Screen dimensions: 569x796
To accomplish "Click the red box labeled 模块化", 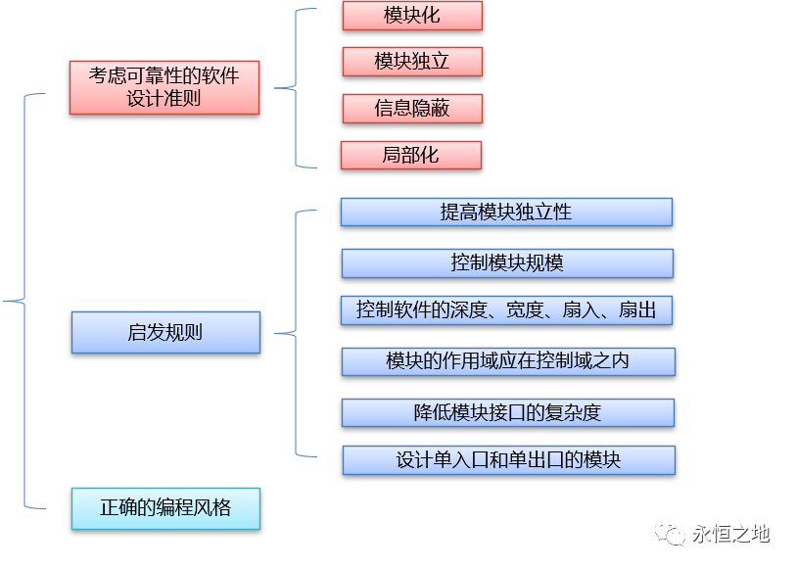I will (412, 17).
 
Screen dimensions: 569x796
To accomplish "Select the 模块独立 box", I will (412, 62).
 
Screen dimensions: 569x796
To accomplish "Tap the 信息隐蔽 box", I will (412, 109).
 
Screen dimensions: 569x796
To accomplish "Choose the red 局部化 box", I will (411, 156).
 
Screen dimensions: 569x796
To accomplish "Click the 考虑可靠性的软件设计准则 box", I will (164, 87).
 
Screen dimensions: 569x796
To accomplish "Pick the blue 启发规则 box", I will (165, 333).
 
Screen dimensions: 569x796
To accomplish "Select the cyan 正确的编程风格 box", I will (165, 508).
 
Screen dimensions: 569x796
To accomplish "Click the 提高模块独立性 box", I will (506, 213).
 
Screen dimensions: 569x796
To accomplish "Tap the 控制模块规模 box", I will (507, 262).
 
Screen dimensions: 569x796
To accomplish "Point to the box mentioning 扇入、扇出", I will (506, 310).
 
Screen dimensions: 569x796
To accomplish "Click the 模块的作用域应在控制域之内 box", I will (508, 361).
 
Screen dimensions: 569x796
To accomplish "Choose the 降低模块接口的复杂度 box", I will (507, 412).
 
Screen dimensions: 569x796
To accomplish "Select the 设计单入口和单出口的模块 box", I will (508, 460).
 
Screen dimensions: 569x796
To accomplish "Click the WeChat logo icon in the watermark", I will (672, 535).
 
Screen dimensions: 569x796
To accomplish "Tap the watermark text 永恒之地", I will (730, 535).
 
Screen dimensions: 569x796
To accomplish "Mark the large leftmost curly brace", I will (24, 301).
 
